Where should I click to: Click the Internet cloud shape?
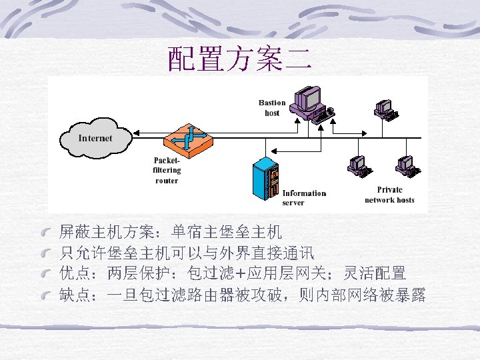(x=95, y=139)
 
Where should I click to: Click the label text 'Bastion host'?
(x=272, y=108)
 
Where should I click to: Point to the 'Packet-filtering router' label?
(x=167, y=171)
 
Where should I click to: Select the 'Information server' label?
(x=304, y=198)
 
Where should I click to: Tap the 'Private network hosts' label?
(x=389, y=195)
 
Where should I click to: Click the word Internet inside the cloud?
(x=95, y=139)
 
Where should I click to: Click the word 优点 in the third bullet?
(x=74, y=273)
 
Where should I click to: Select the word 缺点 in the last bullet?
(x=74, y=294)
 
